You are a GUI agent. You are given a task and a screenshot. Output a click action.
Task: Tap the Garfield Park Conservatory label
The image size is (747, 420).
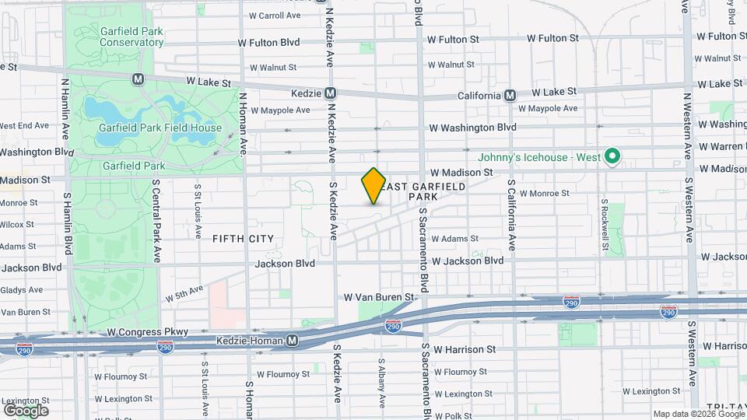tap(120, 37)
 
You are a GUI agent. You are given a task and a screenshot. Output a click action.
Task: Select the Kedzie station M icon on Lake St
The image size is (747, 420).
tap(330, 93)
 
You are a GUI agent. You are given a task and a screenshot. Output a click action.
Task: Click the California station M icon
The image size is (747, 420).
tap(510, 95)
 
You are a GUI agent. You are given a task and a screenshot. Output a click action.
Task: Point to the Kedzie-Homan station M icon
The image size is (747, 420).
tap(292, 340)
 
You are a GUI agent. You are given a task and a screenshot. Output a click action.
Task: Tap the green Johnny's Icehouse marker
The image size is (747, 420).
tap(612, 157)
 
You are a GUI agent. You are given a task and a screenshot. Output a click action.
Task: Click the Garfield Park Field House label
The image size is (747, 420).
tap(160, 128)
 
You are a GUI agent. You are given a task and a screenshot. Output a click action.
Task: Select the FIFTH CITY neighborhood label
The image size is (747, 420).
tap(244, 239)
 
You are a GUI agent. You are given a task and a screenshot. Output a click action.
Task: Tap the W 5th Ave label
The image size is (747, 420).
tap(184, 293)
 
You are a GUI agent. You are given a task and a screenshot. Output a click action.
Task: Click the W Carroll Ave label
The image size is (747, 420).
tap(274, 16)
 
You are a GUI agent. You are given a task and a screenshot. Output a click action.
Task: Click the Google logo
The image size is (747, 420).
tap(26, 411)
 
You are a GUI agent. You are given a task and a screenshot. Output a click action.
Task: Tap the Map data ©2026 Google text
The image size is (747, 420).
tap(698, 414)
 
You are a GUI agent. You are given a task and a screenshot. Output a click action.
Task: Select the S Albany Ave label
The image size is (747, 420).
tap(381, 383)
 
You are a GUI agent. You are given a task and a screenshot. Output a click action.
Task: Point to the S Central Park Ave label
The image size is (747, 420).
tap(156, 220)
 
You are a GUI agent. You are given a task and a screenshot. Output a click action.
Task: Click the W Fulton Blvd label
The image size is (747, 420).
tap(268, 41)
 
